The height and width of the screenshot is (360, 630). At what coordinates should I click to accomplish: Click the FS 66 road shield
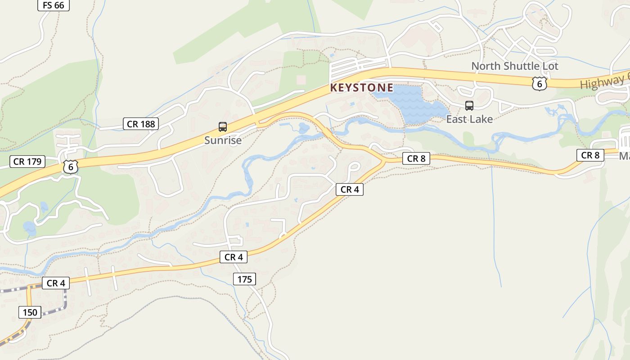53,5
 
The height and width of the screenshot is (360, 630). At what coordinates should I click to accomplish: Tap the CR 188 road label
141,124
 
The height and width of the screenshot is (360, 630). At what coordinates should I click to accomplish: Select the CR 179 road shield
27,162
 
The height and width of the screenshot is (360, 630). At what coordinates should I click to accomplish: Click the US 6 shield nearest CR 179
70,166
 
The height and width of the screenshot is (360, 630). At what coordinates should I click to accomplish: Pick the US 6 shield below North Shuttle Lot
539,83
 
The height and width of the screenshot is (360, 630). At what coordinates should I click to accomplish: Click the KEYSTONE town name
361,88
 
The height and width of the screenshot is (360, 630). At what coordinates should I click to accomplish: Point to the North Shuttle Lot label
514,66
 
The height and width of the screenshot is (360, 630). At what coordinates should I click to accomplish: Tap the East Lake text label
469,119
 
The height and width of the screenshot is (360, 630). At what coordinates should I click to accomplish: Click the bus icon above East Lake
469,106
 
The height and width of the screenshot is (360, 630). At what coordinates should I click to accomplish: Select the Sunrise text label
223,140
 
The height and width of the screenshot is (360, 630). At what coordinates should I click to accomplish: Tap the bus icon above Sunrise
222,127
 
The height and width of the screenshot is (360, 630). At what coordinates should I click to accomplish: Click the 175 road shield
244,279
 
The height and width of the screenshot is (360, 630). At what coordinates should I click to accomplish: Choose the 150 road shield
30,312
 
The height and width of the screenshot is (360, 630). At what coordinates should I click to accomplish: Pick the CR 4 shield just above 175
233,257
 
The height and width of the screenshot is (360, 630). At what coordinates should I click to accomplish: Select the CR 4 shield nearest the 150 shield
56,283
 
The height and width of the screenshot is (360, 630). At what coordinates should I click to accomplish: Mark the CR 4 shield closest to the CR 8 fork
349,189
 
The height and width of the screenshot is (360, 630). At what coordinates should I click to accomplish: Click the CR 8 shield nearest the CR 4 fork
416,158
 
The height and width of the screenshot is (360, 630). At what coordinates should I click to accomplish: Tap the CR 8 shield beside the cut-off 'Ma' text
590,155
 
